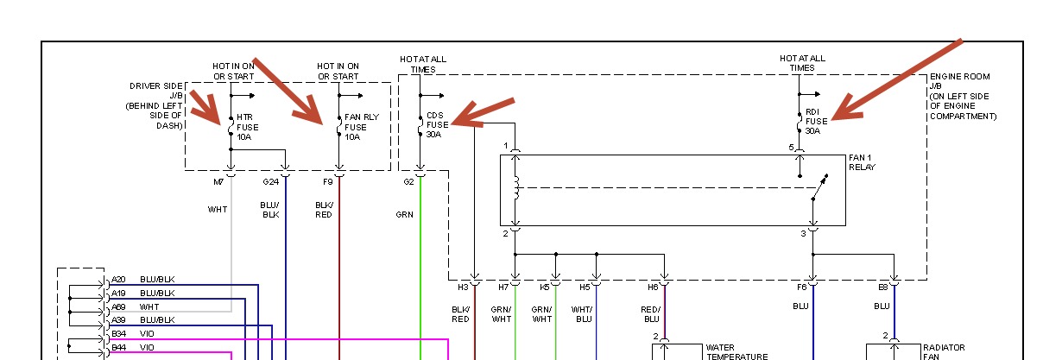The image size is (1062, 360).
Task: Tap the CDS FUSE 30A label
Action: tap(438, 124)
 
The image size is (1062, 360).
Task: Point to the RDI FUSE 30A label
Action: tap(816, 122)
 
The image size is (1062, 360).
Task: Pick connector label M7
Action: tap(218, 182)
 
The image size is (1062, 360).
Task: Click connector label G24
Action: tap(270, 182)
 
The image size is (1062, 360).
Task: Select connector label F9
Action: tap(327, 182)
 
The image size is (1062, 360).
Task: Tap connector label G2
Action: tap(408, 182)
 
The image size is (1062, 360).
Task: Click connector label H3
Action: tap(463, 287)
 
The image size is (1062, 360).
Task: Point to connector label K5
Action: tap(545, 287)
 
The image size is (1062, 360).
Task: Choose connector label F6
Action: tap(802, 287)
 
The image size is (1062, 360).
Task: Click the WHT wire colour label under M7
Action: tap(217, 210)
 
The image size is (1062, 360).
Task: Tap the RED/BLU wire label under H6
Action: tap(651, 314)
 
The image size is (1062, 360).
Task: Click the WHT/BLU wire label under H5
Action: tap(582, 314)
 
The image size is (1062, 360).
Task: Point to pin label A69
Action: tap(118, 306)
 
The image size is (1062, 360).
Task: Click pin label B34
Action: tap(118, 332)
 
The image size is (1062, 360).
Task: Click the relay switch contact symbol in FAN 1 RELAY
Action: tap(819, 187)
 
